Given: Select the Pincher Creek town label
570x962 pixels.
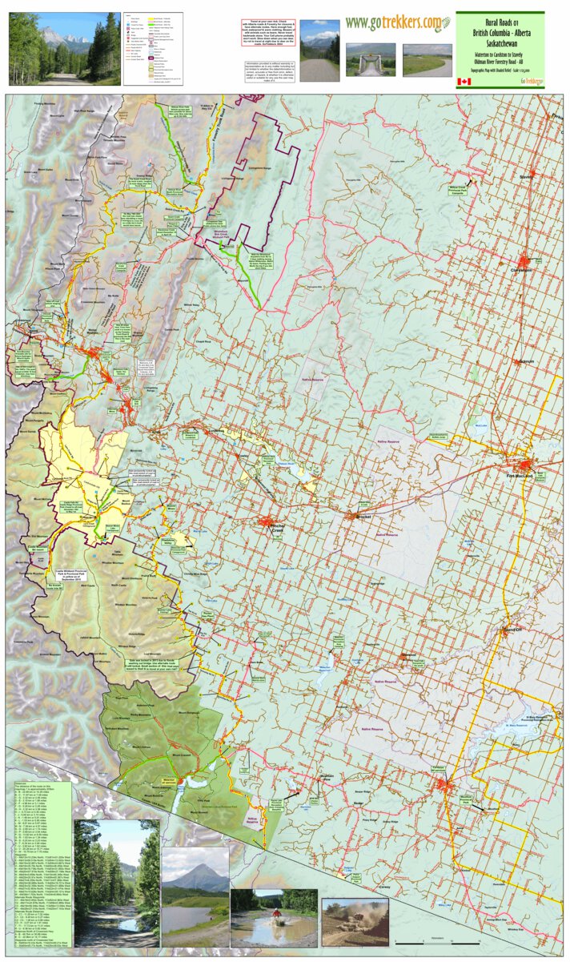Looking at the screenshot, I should point(278,530).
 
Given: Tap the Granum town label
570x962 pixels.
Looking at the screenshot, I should point(526,361).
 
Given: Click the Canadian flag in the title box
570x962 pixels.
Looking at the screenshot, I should point(464,82).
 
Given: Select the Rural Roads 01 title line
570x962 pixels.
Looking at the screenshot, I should point(499,20).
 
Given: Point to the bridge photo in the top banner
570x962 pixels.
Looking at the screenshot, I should point(371,59).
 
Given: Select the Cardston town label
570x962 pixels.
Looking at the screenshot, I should point(438,770).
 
